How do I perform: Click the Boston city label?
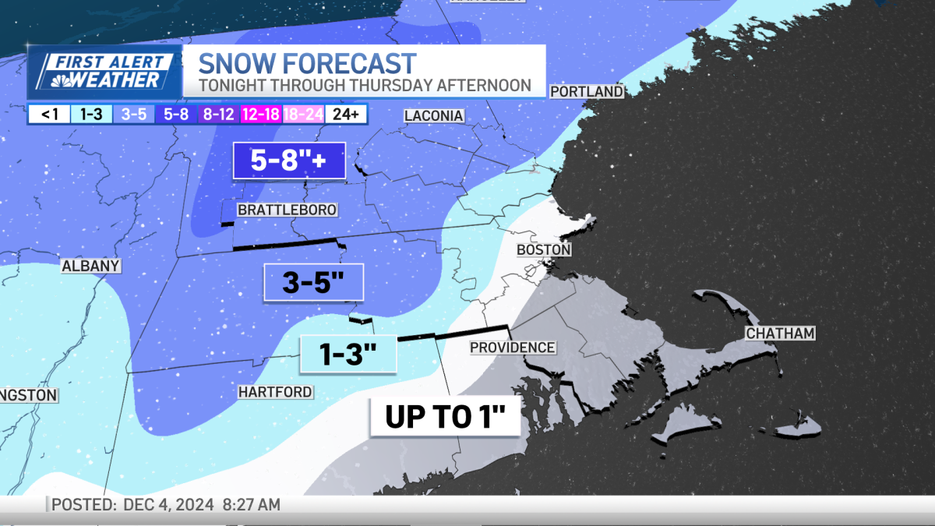pos(544,250)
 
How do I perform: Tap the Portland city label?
pos(587,92)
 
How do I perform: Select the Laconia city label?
pos(434,116)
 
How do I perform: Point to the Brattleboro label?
pos(287,210)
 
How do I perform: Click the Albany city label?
pos(91,267)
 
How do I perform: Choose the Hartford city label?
pos(275,392)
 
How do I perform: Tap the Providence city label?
pos(513,348)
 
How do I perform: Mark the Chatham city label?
pos(780,334)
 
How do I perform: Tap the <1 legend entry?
pos(48,115)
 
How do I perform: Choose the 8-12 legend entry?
pos(219,115)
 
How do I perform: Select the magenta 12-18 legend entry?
pos(261,115)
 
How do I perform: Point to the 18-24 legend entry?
pos(303,115)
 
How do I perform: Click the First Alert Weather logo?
pos(104,72)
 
